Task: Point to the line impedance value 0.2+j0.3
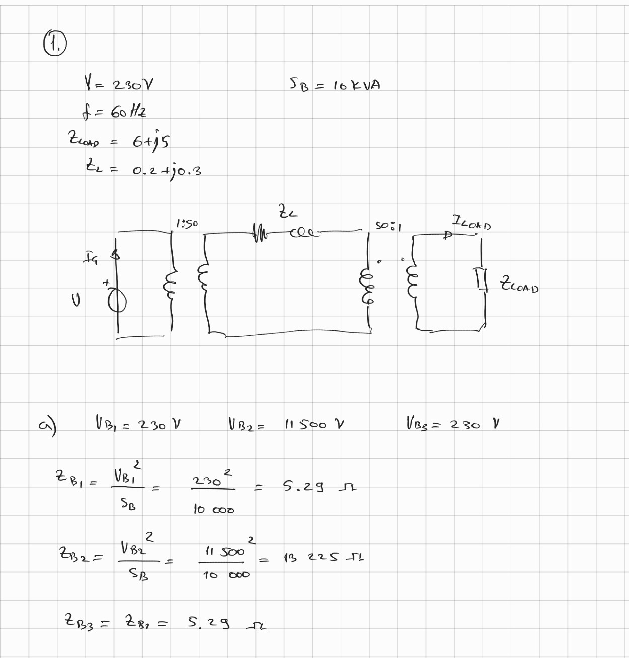tap(167, 171)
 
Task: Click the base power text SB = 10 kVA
tap(335, 85)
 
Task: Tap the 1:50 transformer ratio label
tap(187, 223)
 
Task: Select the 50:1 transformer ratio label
tap(388, 226)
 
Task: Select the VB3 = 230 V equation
tap(452, 423)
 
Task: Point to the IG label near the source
tap(91, 260)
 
